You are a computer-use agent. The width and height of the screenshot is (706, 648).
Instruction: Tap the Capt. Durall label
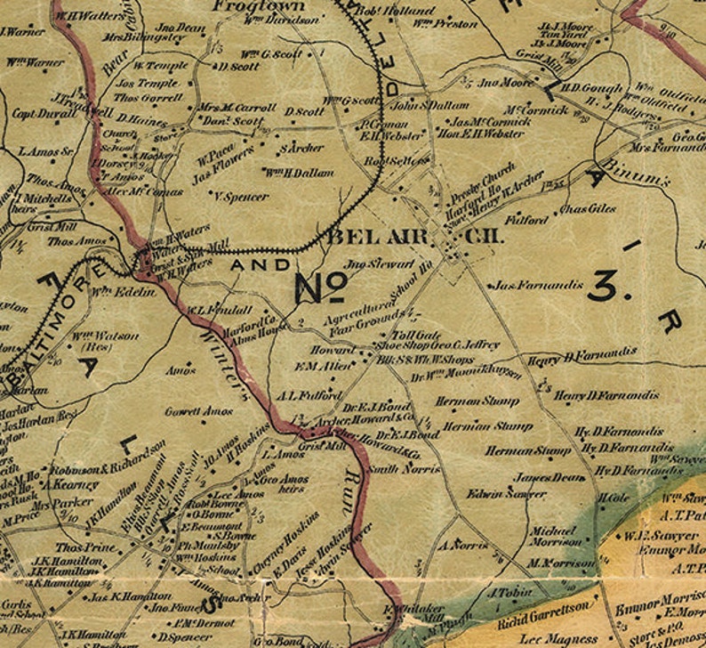coord(38,114)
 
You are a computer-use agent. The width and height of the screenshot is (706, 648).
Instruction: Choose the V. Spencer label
coord(242,196)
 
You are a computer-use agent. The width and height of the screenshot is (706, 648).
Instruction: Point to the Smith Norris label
coord(393,468)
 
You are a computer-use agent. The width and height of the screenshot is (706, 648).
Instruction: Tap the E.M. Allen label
coord(317,366)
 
